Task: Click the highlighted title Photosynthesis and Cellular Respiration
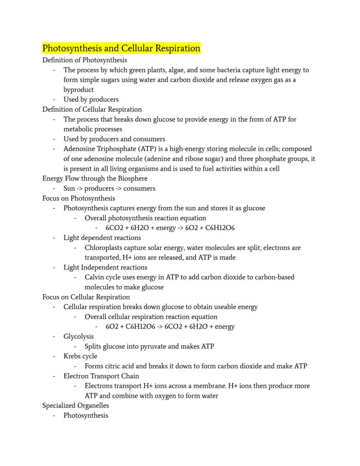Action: coord(121,48)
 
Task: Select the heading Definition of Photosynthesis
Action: coord(85,60)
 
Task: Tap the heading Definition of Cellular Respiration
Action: coord(92,109)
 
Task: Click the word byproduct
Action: coord(79,90)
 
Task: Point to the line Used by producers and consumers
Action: coord(114,139)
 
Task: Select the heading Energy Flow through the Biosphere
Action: coord(95,178)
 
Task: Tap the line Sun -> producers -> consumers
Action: coord(109,188)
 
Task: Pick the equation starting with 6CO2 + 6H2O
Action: coord(170,228)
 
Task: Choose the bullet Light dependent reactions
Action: coord(102,238)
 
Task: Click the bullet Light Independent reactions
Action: coord(105,267)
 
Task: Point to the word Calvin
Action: coord(95,277)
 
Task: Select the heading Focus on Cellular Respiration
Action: coord(86,297)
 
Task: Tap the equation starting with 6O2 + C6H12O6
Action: coord(170,326)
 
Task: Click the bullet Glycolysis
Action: coord(79,336)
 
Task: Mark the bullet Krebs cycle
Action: coord(80,356)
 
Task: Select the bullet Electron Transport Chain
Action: coord(101,376)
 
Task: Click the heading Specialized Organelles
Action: coord(76,406)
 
